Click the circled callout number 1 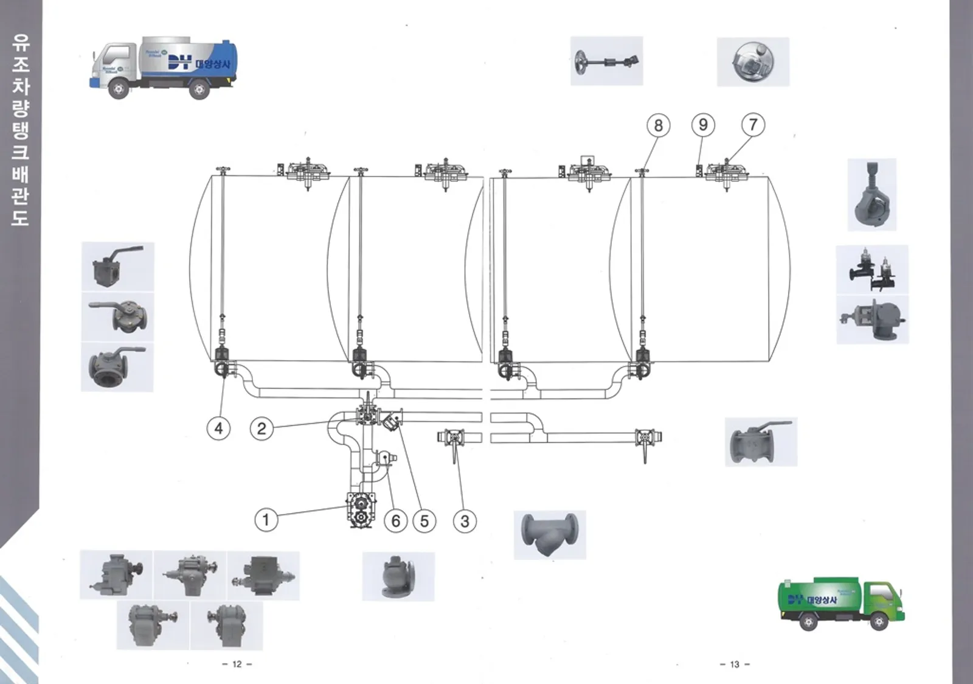pos(266,520)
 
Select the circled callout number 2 pos(261,428)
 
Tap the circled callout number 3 pos(465,521)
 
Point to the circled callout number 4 pos(219,428)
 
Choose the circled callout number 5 pos(424,521)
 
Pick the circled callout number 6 pos(396,521)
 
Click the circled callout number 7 pos(753,125)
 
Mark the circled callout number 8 pos(658,125)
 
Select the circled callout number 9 pos(703,125)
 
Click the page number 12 pos(237,664)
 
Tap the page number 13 pos(735,664)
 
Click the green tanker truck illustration pos(841,602)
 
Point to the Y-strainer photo pos(550,535)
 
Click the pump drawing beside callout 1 pos(360,510)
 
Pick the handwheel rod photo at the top pos(606,61)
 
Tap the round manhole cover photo pos(753,62)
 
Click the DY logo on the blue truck pos(180,62)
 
